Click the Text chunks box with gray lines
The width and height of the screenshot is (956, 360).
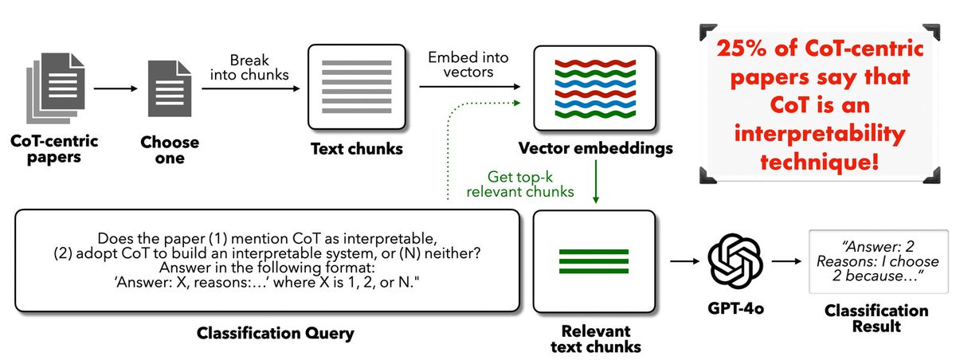tap(355, 88)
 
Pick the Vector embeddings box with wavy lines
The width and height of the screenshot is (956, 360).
tap(594, 88)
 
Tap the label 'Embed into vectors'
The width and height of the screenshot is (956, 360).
tap(463, 65)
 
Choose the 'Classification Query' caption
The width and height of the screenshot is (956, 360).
tap(265, 331)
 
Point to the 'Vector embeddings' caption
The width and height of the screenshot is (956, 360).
tap(594, 148)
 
